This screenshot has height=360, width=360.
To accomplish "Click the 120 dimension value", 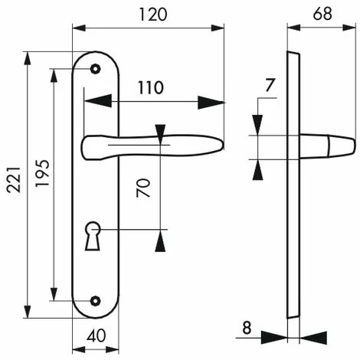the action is click(x=153, y=15).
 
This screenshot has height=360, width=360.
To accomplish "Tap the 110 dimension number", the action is click(x=151, y=88).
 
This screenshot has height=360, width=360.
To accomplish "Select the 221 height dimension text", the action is click(x=14, y=179).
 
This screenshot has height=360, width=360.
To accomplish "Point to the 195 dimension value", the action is click(x=42, y=173).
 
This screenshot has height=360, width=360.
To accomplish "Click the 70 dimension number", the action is click(x=143, y=188).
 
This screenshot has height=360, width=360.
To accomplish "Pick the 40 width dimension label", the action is click(x=96, y=335).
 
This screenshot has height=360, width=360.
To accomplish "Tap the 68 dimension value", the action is click(x=322, y=14).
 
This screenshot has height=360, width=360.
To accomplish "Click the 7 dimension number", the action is click(x=270, y=85).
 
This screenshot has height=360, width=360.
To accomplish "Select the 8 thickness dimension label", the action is click(x=247, y=328).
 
